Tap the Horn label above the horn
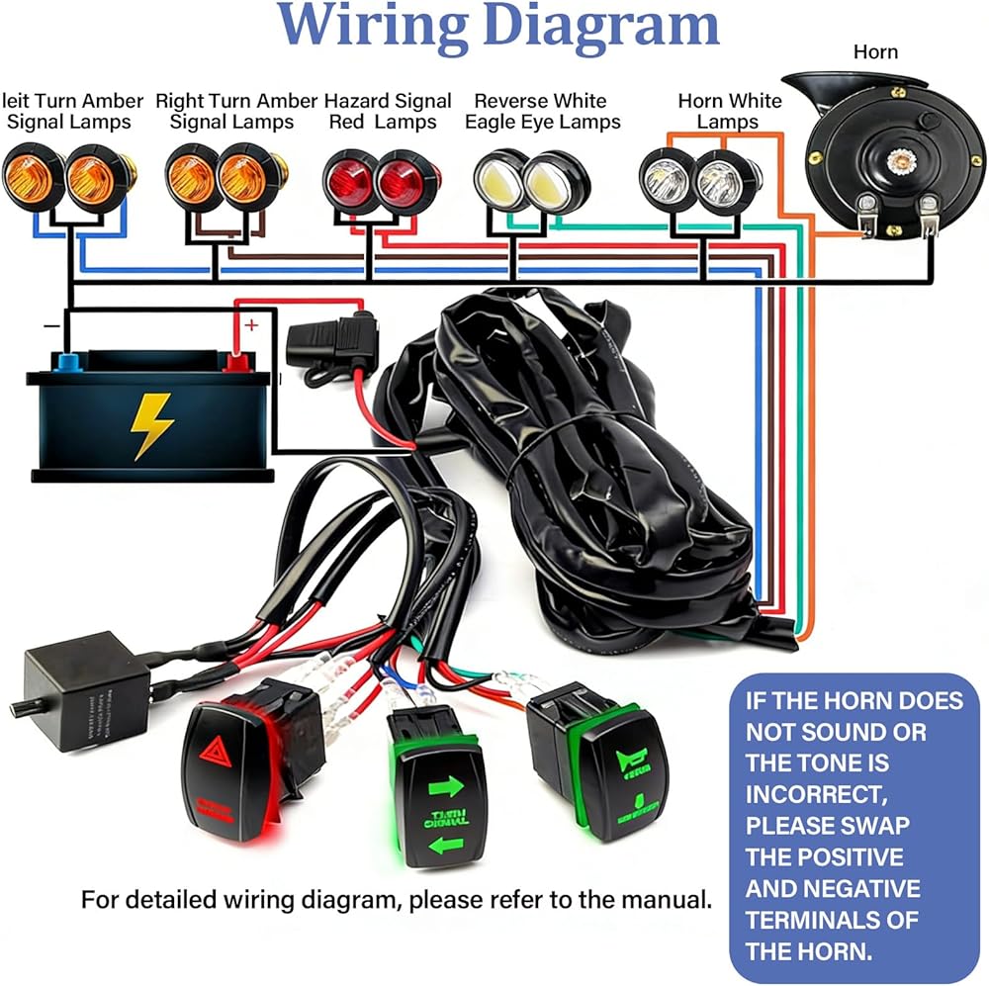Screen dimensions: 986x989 point(875,50)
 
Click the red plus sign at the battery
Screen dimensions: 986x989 point(251,324)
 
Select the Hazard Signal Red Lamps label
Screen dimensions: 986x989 point(388,112)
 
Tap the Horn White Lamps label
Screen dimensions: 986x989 point(729,112)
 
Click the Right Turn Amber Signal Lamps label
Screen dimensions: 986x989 point(236,112)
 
